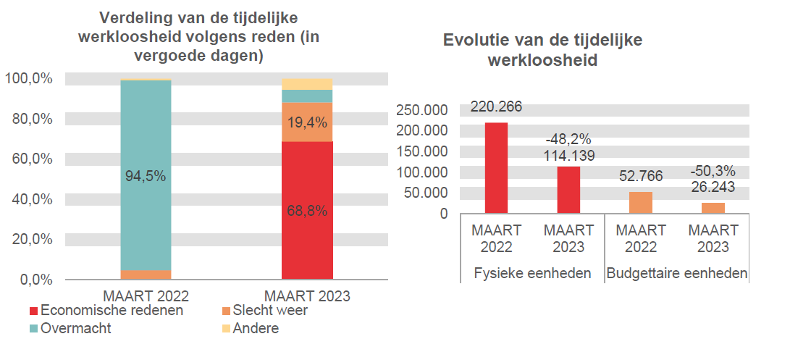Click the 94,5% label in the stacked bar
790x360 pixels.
[146, 176]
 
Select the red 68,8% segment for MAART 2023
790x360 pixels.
[307, 210]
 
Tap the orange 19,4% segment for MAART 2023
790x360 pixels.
[307, 122]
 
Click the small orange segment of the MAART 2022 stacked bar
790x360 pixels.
[146, 275]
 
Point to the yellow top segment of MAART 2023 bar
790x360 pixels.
[307, 84]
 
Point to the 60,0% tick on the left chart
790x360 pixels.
[32, 159]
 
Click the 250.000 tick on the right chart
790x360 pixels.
[421, 110]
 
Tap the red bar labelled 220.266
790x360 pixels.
[496, 168]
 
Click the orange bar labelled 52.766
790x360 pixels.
[641, 203]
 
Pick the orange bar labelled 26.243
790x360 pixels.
[713, 208]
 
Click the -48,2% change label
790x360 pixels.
[568, 139]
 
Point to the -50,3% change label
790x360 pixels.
[713, 172]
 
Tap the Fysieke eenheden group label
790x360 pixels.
[532, 274]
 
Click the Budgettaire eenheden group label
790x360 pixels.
[676, 274]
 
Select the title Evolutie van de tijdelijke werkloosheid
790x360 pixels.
[542, 50]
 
